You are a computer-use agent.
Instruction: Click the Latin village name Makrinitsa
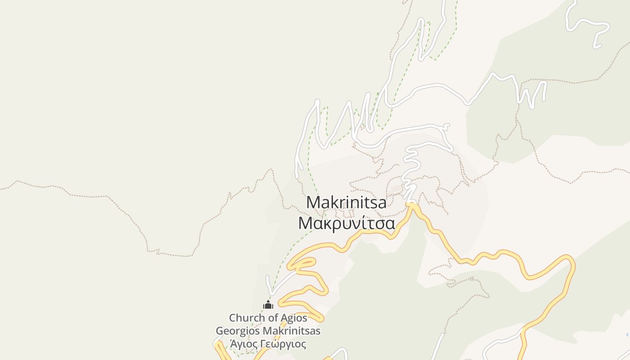coord(346,202)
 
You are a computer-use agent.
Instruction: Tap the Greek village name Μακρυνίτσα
coord(346,223)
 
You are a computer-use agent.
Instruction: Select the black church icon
coord(268,305)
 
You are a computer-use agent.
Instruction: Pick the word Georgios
coord(238,331)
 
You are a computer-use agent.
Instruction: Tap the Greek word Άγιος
coord(243,344)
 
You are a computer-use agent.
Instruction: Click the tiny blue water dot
coord(627,335)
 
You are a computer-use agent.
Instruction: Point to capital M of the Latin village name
coord(313,202)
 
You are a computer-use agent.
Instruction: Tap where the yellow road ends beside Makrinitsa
coord(411,205)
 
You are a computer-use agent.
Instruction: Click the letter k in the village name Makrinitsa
coord(334,202)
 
